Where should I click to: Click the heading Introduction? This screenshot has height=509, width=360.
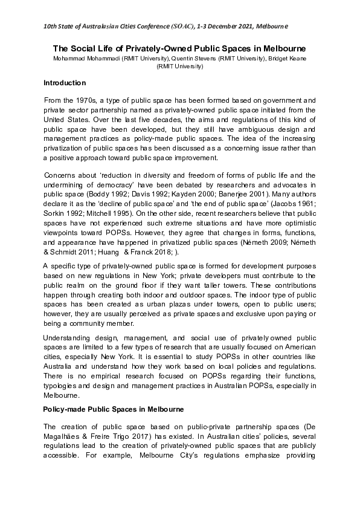[x=65, y=82]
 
